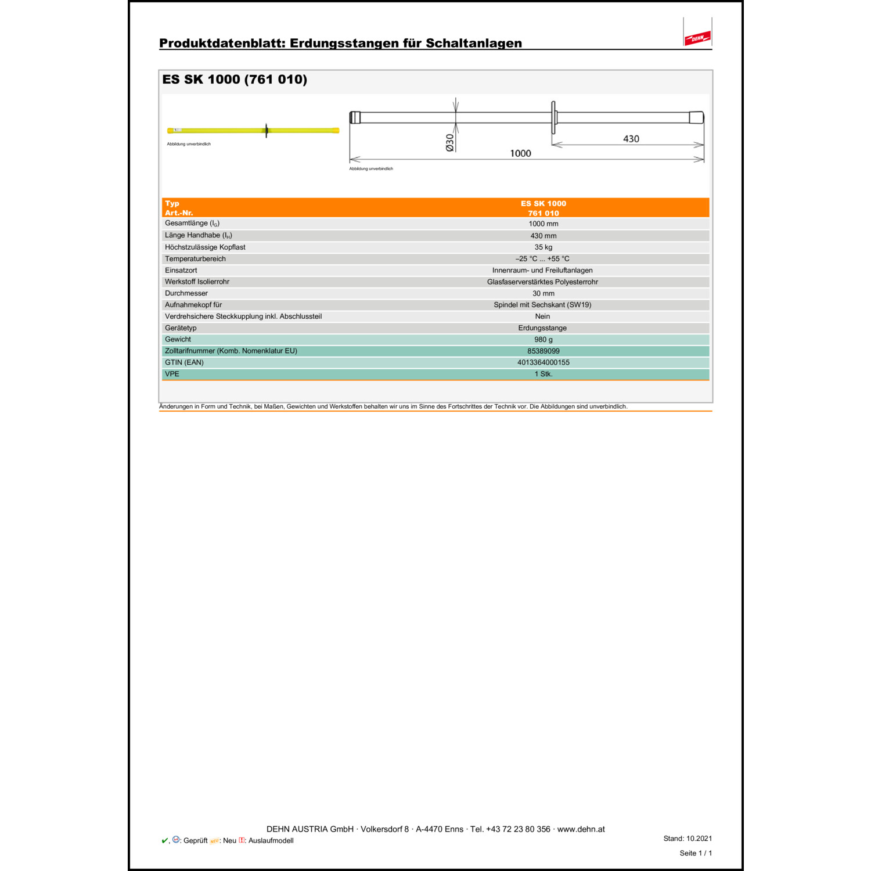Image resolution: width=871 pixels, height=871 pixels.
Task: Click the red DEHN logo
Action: (697, 38)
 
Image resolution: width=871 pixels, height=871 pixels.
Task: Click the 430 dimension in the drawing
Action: (631, 139)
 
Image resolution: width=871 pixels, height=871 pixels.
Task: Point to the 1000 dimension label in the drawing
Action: (520, 153)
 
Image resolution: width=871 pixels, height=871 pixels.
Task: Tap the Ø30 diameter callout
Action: (450, 142)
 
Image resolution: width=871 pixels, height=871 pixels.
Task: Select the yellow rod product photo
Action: (253, 131)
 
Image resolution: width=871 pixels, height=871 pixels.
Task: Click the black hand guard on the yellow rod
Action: (267, 131)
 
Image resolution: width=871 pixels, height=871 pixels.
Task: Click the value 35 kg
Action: (543, 247)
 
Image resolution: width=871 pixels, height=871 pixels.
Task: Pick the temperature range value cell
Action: (542, 259)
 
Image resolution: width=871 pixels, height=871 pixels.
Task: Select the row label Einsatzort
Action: (181, 271)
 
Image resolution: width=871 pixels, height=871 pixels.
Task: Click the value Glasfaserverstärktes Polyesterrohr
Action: (542, 282)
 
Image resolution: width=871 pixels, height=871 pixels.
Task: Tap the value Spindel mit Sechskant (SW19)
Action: (542, 305)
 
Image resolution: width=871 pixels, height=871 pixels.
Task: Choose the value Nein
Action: (542, 316)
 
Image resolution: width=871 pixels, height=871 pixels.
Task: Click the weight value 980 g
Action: (543, 340)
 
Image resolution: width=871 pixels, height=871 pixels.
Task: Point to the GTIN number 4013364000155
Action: (543, 362)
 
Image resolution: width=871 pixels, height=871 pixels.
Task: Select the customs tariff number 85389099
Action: (543, 351)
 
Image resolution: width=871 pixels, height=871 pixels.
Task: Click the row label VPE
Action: (172, 374)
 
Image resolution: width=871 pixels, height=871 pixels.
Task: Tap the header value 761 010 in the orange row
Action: (543, 213)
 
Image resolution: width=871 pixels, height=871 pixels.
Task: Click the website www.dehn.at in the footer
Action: (581, 829)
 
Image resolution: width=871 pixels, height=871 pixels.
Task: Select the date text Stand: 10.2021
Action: (688, 838)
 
